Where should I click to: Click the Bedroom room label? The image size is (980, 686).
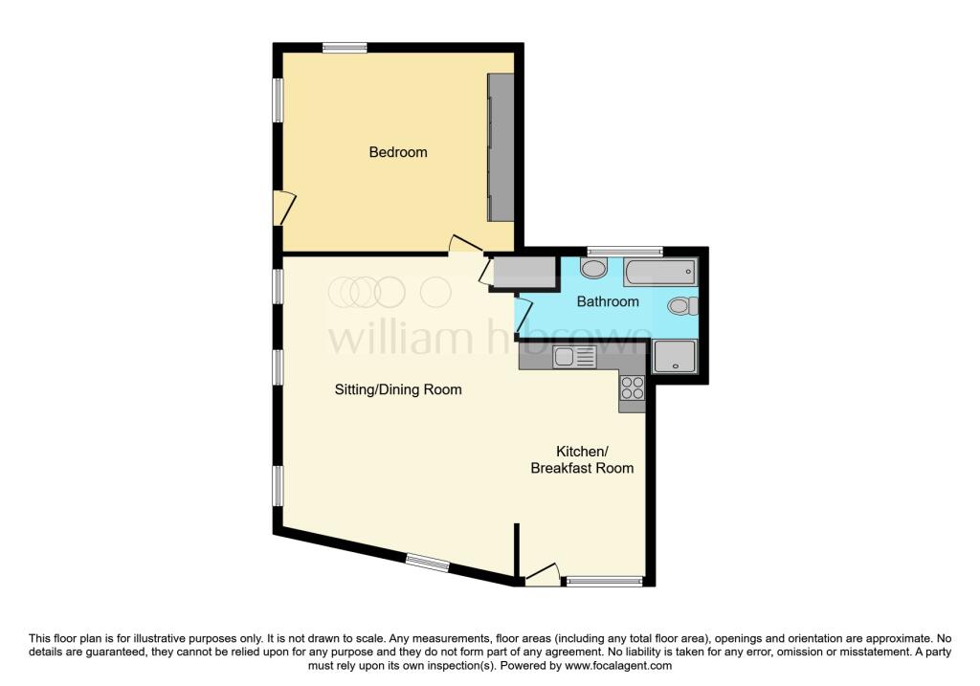pos(398,152)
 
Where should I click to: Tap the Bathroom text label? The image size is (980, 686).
pos(607,301)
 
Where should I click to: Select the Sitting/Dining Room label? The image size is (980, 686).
pos(398,389)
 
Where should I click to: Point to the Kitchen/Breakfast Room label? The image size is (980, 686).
pos(582,459)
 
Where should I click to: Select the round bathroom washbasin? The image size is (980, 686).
pos(593,268)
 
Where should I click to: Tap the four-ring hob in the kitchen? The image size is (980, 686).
pos(633,387)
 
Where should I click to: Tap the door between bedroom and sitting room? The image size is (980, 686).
pos(465,245)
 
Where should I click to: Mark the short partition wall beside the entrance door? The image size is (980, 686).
pos(517,549)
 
